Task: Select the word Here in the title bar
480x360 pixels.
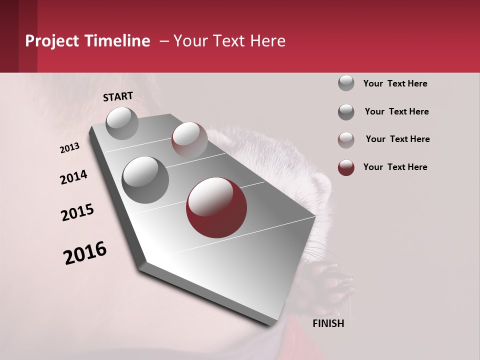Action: coord(267,41)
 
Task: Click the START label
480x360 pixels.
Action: coord(118,96)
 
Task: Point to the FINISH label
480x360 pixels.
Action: coord(328,323)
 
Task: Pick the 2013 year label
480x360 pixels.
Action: coord(69,148)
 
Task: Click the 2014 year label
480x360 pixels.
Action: coord(73,177)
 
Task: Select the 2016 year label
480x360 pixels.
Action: coord(85,252)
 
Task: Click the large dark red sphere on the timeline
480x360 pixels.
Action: coord(216,207)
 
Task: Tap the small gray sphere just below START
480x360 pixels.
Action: coord(122,123)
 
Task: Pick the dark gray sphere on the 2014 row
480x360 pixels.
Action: coord(145,179)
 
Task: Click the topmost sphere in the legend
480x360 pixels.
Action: coord(346,83)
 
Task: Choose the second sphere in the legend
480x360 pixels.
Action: coord(346,111)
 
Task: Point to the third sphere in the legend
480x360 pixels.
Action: coord(346,139)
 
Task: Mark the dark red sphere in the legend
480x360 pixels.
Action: coord(346,167)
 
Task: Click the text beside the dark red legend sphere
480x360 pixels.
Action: coord(395,167)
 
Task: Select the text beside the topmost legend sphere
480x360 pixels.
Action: coord(395,83)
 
